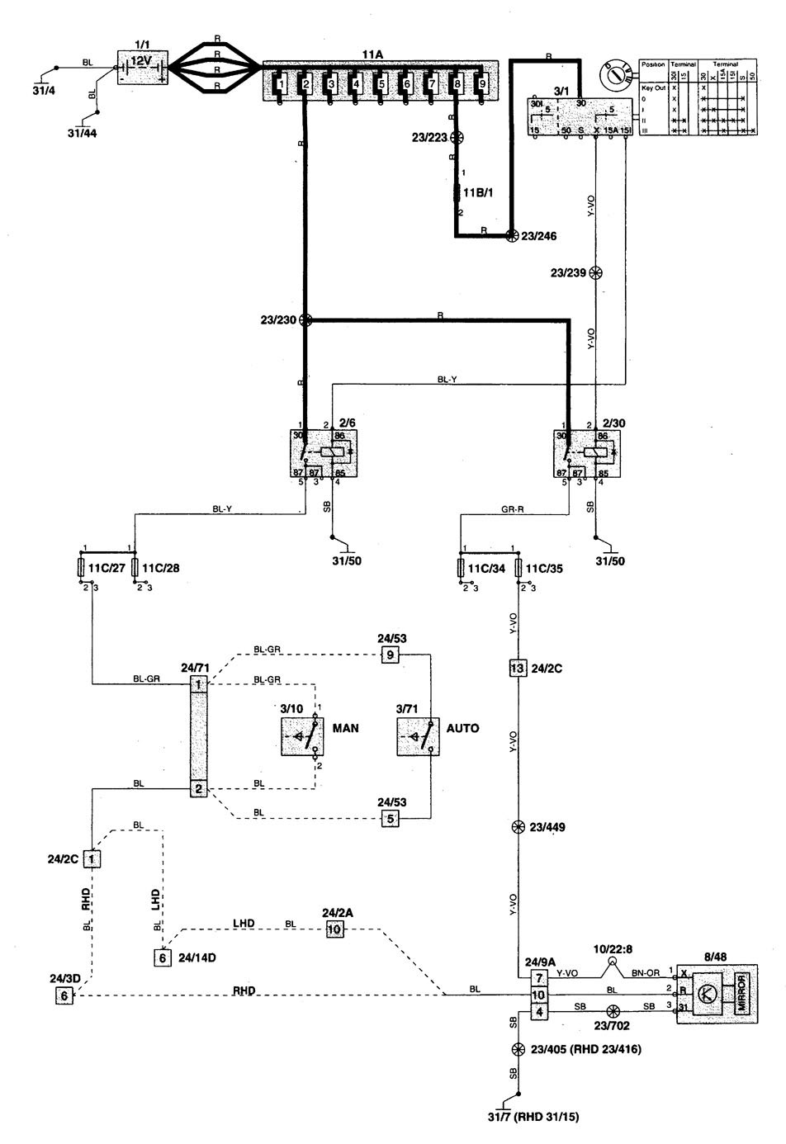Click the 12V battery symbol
141,65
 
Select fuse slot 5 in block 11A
381,84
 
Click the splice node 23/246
511,235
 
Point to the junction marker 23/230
305,320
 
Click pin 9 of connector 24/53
390,655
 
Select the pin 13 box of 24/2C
518,668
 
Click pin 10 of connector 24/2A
334,929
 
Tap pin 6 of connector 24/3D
64,995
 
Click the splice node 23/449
518,827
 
